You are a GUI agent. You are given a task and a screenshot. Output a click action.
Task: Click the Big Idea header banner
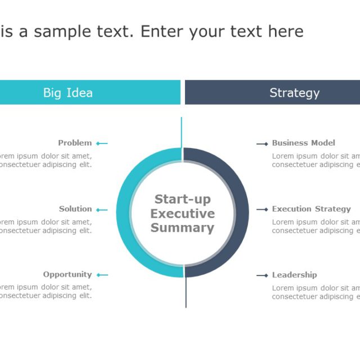click(90, 92)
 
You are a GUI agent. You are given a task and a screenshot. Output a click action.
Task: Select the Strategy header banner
click(272, 92)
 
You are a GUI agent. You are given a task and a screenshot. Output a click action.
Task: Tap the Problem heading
click(75, 143)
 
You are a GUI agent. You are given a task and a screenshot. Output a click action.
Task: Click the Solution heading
click(75, 209)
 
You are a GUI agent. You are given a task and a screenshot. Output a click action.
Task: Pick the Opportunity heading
click(67, 274)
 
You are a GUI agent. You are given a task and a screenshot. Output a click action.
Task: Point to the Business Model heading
click(303, 143)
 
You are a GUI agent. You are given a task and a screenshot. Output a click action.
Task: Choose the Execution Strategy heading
click(311, 209)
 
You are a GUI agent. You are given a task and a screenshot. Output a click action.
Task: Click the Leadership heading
click(294, 275)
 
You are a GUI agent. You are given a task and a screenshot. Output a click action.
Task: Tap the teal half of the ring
click(124, 213)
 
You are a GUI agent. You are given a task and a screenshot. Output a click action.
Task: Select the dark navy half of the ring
click(241, 213)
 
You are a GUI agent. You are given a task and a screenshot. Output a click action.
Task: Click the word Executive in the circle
click(182, 214)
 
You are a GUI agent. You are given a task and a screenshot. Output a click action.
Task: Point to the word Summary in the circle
click(182, 228)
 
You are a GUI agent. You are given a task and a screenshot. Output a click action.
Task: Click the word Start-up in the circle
click(182, 199)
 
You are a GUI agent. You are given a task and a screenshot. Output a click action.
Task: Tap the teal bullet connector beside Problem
click(101, 143)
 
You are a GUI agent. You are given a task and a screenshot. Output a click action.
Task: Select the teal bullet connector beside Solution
click(101, 210)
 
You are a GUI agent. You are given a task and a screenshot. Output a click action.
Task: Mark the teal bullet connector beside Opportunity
click(102, 275)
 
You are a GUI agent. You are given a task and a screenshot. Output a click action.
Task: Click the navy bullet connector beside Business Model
click(262, 144)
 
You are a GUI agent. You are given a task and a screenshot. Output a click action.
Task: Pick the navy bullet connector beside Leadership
click(262, 276)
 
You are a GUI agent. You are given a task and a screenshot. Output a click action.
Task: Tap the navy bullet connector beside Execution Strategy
click(262, 209)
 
